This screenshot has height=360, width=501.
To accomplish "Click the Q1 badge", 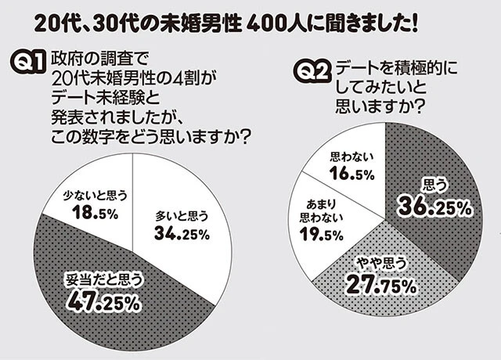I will coord(29,63).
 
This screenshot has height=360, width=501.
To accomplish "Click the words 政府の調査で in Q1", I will coord(98,57).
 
